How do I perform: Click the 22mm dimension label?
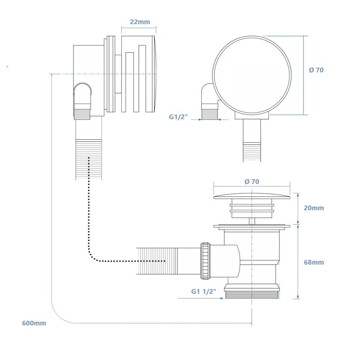point(140,22)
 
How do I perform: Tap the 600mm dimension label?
point(34,323)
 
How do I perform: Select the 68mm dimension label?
point(314,262)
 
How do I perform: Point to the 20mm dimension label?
point(314,208)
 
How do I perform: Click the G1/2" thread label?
point(179,117)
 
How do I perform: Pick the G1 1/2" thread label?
point(204,291)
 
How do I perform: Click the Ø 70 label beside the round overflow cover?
point(316,70)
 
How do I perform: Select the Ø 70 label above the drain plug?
point(252,182)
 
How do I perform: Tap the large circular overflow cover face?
point(252,74)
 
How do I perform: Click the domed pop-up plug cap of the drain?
point(252,196)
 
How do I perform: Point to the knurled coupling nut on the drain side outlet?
point(205,261)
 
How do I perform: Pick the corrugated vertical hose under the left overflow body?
point(89,159)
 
